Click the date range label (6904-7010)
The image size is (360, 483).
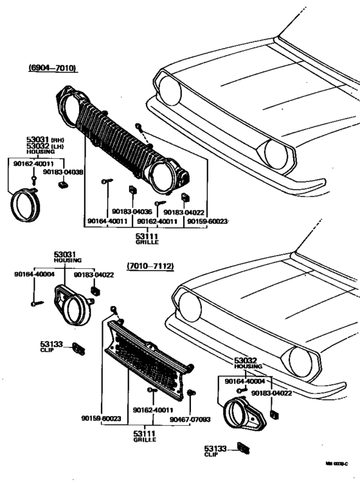[51, 68]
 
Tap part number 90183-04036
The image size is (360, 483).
[131, 211]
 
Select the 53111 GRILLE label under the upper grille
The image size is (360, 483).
[147, 240]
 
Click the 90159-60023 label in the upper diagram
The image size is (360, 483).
[207, 221]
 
